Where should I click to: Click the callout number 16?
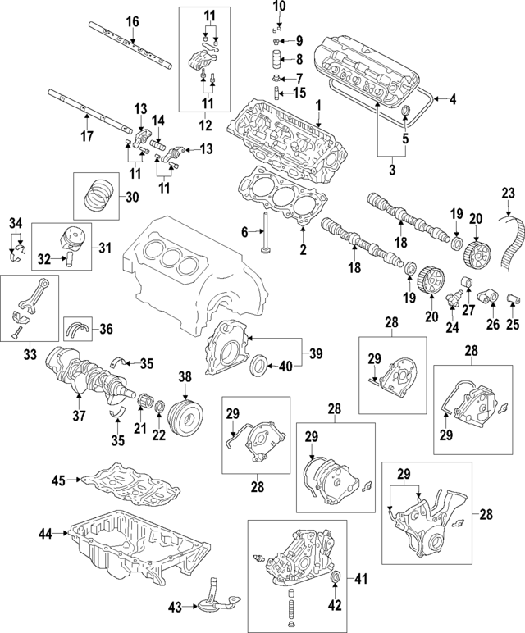tap(132, 20)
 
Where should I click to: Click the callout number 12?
tap(205, 126)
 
